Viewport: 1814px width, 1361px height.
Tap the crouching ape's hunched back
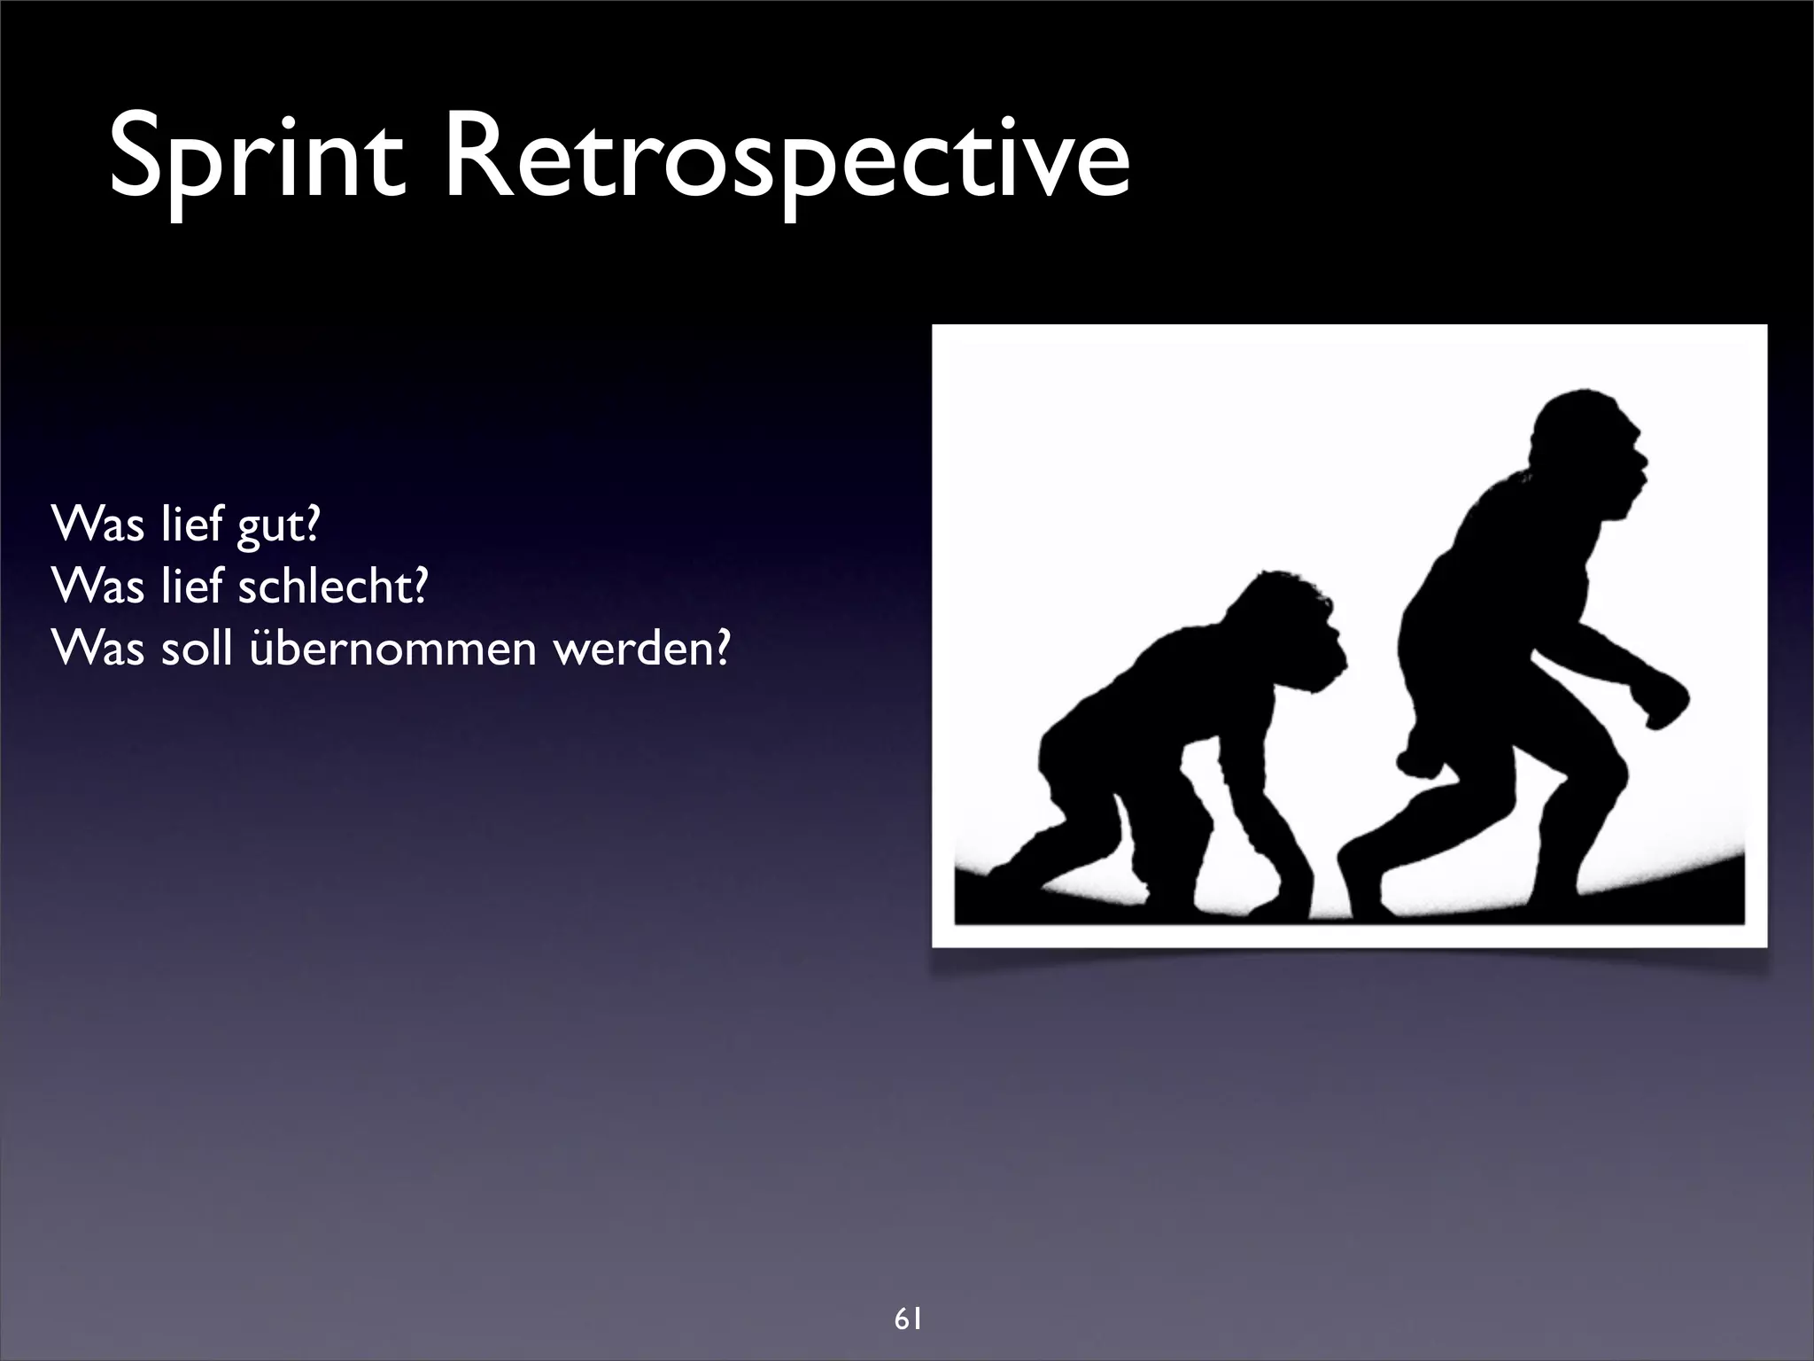(1151, 656)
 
